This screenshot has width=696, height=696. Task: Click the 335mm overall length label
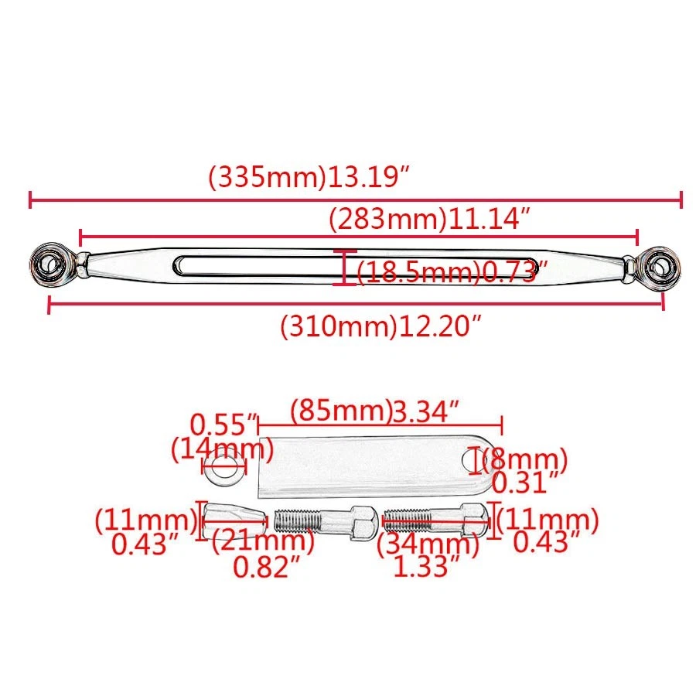pos(308,178)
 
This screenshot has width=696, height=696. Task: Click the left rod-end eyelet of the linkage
pos(49,262)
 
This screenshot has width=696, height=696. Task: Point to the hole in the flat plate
pos(472,462)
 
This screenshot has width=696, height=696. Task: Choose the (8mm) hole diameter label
pos(525,461)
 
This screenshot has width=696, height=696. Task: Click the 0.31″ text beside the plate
pos(525,483)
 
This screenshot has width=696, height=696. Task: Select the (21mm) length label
pos(263,541)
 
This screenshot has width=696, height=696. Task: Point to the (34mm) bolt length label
pos(428,544)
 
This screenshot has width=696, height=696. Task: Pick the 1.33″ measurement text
pos(427,568)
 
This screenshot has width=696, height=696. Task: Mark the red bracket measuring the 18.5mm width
pos(344,268)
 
